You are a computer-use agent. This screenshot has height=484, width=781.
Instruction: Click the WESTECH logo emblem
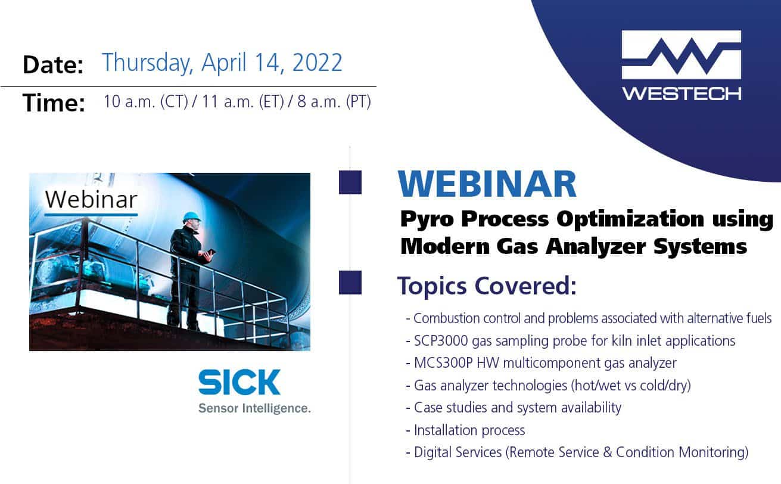pyautogui.click(x=682, y=54)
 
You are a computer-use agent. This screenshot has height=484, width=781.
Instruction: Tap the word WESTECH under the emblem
pyautogui.click(x=682, y=94)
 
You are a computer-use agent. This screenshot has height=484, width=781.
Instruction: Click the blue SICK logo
pyautogui.click(x=239, y=382)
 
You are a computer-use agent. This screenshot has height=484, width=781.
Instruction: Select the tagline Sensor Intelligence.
pyautogui.click(x=254, y=408)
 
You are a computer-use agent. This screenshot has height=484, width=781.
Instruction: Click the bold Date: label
pyautogui.click(x=53, y=64)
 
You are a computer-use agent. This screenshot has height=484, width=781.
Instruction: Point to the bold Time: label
pyautogui.click(x=54, y=103)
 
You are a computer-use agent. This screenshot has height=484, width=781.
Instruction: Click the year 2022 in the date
pyautogui.click(x=318, y=63)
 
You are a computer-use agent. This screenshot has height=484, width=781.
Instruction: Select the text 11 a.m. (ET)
pyautogui.click(x=243, y=101)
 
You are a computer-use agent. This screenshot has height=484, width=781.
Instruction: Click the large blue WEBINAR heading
pyautogui.click(x=487, y=184)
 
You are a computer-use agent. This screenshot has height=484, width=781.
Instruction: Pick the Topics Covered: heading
pyautogui.click(x=487, y=286)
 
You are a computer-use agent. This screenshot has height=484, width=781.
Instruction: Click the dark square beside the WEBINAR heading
pyautogui.click(x=350, y=182)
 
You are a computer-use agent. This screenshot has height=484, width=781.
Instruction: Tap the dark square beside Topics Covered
pyautogui.click(x=350, y=283)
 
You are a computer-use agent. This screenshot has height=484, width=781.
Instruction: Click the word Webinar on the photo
pyautogui.click(x=91, y=200)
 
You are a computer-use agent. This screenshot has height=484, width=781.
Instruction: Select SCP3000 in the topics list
pyautogui.click(x=441, y=341)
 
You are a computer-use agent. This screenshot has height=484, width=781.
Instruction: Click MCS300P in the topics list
pyautogui.click(x=443, y=363)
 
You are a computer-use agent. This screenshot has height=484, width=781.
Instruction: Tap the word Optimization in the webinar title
pyautogui.click(x=630, y=220)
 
